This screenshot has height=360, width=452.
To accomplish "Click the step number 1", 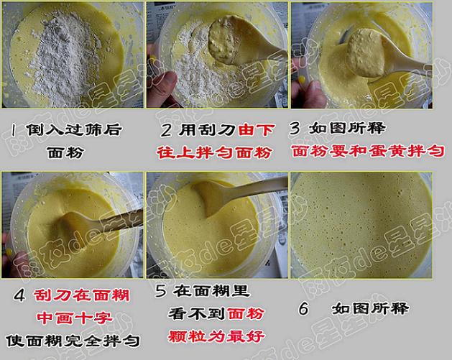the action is click(x=13, y=130).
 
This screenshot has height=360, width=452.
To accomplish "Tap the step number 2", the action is click(x=166, y=130).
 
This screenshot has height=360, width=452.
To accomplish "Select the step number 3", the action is click(x=296, y=129).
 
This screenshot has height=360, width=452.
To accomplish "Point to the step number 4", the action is click(x=19, y=296).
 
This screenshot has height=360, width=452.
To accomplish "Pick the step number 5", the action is click(x=161, y=290).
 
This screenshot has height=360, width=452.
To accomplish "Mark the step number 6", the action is click(x=304, y=308).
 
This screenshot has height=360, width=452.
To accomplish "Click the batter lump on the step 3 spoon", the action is click(x=365, y=52).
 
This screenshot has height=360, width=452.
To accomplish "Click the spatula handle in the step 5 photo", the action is click(x=254, y=187).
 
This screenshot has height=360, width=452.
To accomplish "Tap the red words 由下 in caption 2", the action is click(x=257, y=130).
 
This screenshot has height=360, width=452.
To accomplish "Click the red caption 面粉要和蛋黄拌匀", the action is click(x=368, y=152).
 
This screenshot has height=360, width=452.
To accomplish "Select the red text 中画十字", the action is click(x=75, y=318).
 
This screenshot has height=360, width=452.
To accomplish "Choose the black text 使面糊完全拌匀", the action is click(x=73, y=341).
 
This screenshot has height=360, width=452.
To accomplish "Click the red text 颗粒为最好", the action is click(x=216, y=336).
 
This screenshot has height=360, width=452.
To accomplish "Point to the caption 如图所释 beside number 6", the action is click(x=370, y=309).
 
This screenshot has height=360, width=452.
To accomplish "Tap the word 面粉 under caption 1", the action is click(x=65, y=152).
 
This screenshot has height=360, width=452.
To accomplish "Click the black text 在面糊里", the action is click(x=211, y=291).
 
